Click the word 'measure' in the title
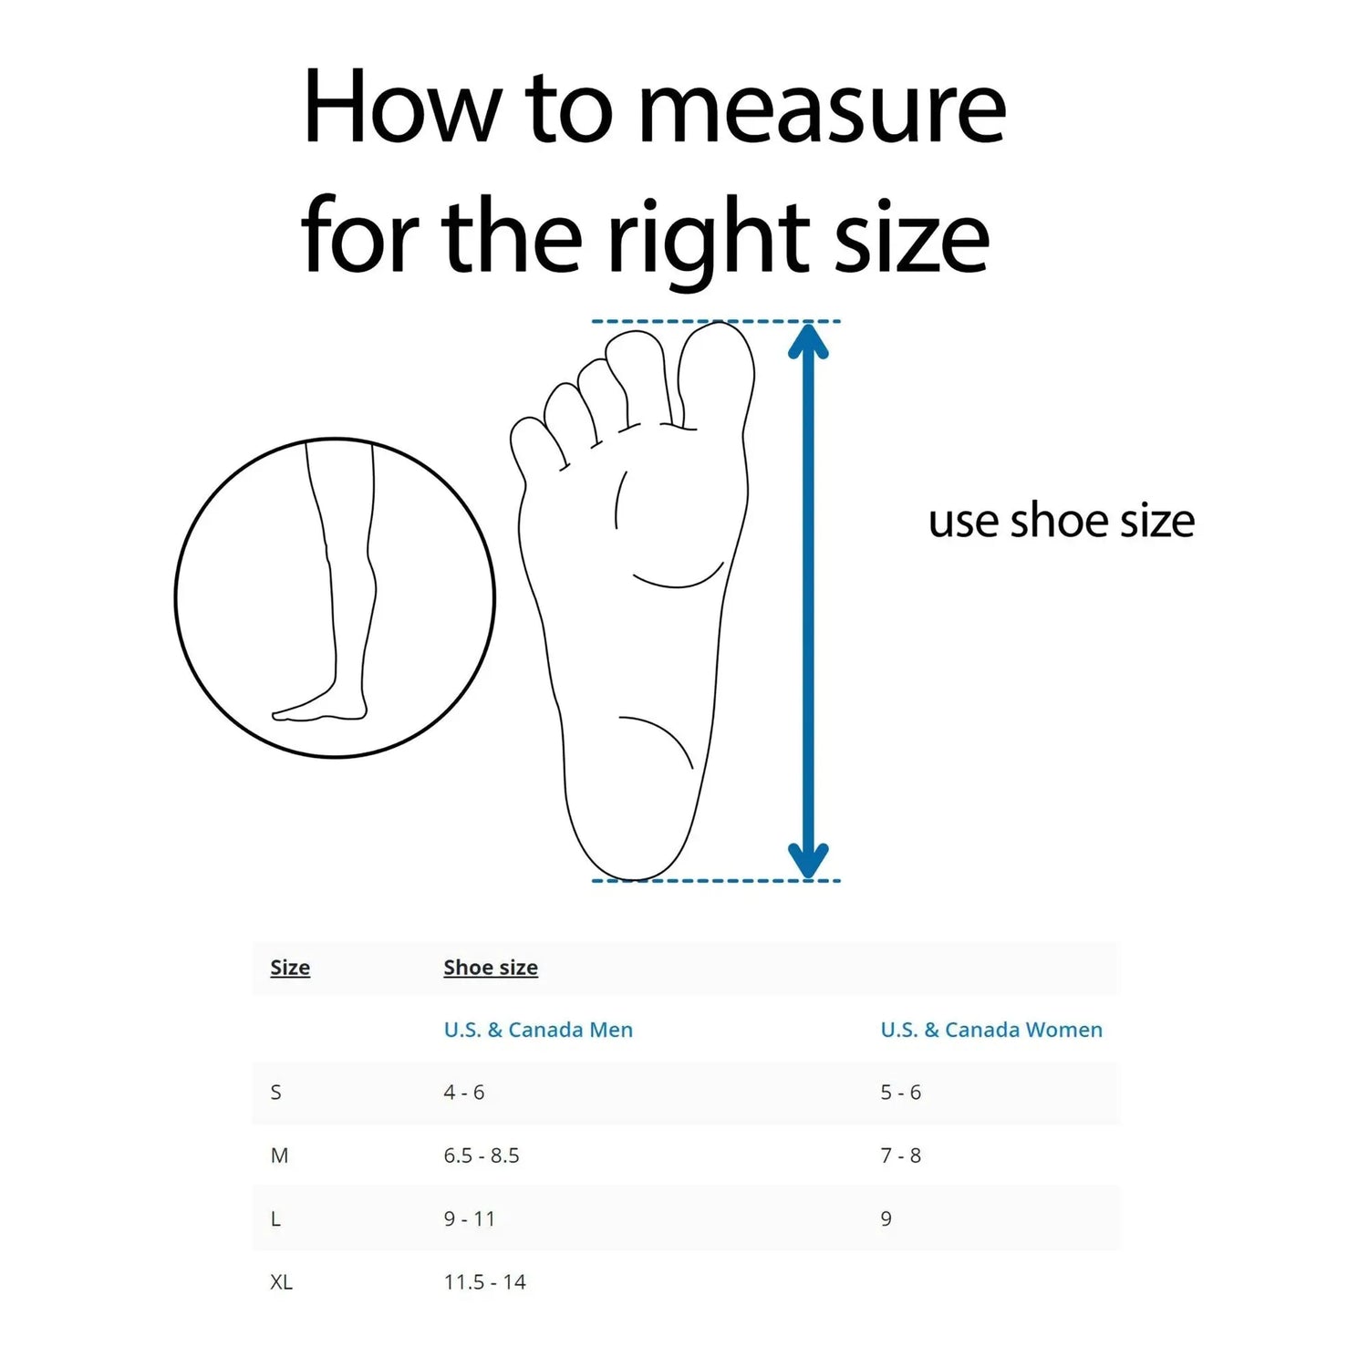(x=821, y=109)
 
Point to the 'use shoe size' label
(x=1061, y=521)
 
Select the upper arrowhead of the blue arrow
(x=808, y=341)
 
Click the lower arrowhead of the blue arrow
(x=808, y=859)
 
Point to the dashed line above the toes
(x=716, y=321)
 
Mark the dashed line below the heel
(x=716, y=881)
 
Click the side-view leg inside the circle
(x=342, y=584)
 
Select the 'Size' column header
(x=290, y=968)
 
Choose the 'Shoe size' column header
(x=491, y=968)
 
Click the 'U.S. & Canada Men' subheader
(x=538, y=1030)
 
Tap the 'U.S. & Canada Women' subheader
(x=991, y=1030)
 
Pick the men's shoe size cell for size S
(x=464, y=1093)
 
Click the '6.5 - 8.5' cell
(x=482, y=1156)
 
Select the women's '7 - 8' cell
(x=901, y=1156)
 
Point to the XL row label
(x=281, y=1282)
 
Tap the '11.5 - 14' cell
(x=485, y=1282)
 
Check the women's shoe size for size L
(x=886, y=1219)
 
